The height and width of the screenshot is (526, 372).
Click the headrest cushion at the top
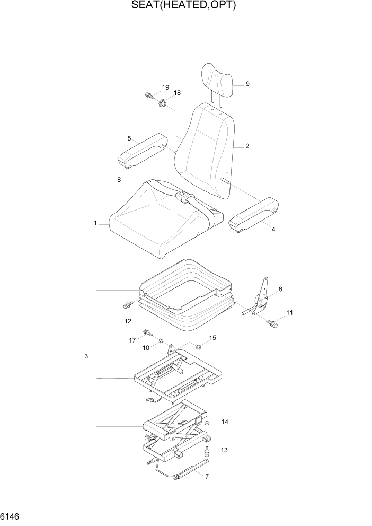pos(217,81)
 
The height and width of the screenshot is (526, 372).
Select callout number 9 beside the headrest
pos(247,84)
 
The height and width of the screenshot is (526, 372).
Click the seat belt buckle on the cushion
pos(182,197)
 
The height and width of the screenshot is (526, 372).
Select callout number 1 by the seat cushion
pos(95,224)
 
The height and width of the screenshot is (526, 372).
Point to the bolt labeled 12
pos(127,305)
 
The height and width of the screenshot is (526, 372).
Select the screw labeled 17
pos(147,334)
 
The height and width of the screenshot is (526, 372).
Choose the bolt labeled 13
pos(207,451)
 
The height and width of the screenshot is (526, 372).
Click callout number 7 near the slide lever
pos(207,477)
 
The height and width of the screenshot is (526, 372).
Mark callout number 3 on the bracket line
pos(86,357)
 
